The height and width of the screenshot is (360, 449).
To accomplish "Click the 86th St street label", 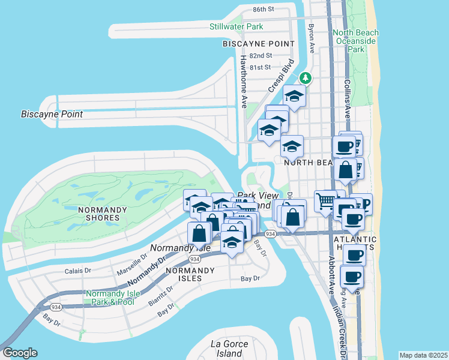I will tap(263, 10).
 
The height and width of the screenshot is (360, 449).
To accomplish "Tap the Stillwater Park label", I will tap(237, 27).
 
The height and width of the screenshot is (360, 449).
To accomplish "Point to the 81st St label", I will tap(261, 67).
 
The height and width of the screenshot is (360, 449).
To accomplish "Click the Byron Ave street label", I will tap(311, 38).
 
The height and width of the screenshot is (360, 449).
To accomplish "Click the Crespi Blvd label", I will tap(281, 75).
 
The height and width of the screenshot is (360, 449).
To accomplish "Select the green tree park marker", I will tap(306, 78).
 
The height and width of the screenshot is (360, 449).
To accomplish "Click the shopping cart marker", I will tap(325, 201).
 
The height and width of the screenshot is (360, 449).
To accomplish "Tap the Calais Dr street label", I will tap(77, 271).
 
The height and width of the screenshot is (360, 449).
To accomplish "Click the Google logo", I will tap(20, 353).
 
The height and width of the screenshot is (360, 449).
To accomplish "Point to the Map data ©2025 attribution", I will tap(423, 355).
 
